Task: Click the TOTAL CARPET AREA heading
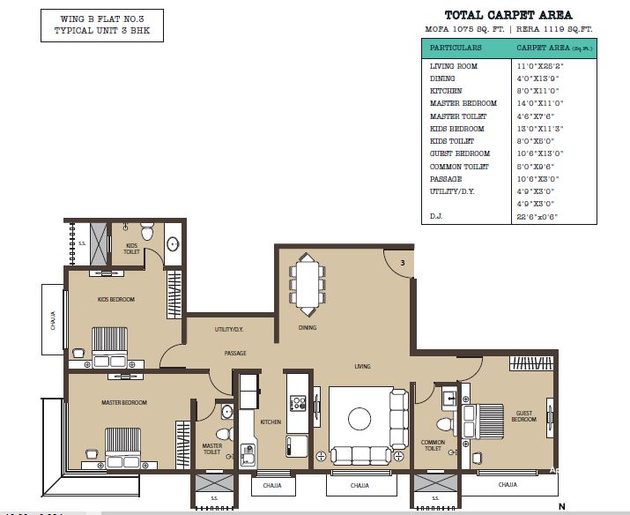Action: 508,15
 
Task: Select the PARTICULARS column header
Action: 456,47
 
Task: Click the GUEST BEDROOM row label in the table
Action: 459,153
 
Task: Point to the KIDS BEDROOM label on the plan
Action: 115,300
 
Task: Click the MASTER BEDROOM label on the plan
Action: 122,403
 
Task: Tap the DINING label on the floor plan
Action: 307,328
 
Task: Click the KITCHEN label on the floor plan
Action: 271,422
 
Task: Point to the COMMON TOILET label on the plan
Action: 433,445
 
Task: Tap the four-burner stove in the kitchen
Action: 299,404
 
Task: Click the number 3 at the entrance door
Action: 402,263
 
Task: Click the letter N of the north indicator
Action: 560,507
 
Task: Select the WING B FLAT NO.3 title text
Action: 85,17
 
